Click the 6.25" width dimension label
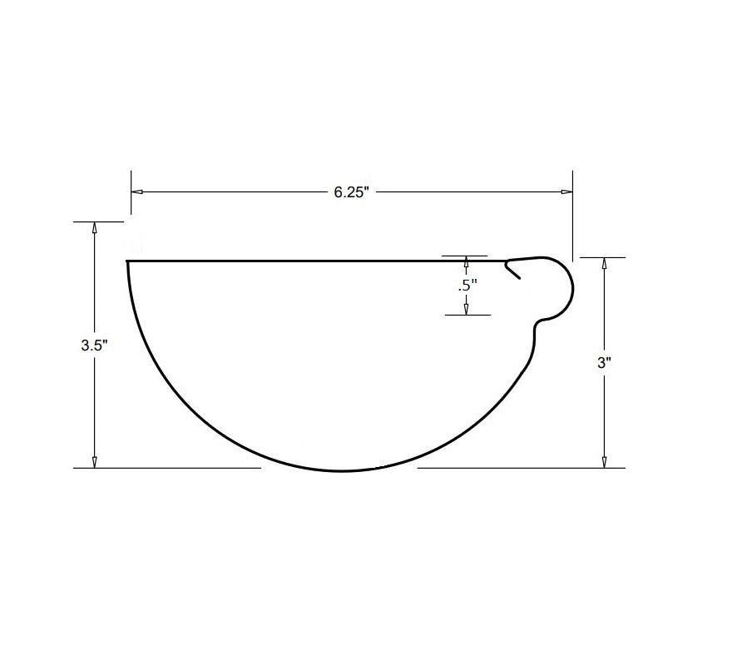(351, 192)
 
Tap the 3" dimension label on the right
(604, 363)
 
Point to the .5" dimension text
(467, 285)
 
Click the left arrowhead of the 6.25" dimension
(137, 192)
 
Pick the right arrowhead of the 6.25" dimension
(566, 192)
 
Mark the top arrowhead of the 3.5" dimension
(95, 228)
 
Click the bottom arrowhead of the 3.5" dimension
(95, 461)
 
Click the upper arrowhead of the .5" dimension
(466, 261)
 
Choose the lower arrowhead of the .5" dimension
(466, 309)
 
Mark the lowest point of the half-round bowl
(341, 472)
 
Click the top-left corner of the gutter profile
(127, 261)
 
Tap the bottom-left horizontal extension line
(166, 468)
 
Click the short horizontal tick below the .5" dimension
(466, 315)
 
